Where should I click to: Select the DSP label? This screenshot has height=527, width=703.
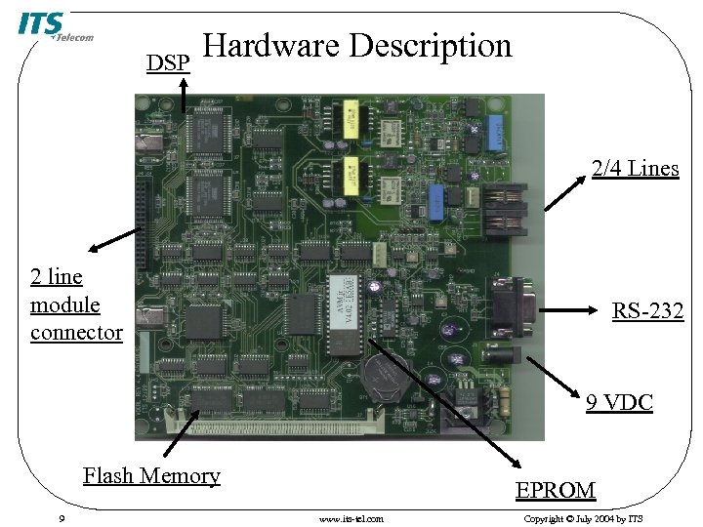point(167,63)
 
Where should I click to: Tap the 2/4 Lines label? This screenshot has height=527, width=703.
point(635,169)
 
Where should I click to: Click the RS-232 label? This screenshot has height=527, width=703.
point(647,312)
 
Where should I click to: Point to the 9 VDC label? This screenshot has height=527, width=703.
point(619,402)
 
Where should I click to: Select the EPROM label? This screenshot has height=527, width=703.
point(556,490)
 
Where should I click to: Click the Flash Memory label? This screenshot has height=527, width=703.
point(151,476)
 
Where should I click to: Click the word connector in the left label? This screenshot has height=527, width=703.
point(76,333)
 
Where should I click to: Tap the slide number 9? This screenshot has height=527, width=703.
point(62,518)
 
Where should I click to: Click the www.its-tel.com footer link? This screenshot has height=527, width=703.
point(351,518)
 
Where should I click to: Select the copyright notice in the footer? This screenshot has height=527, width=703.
point(583,518)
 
